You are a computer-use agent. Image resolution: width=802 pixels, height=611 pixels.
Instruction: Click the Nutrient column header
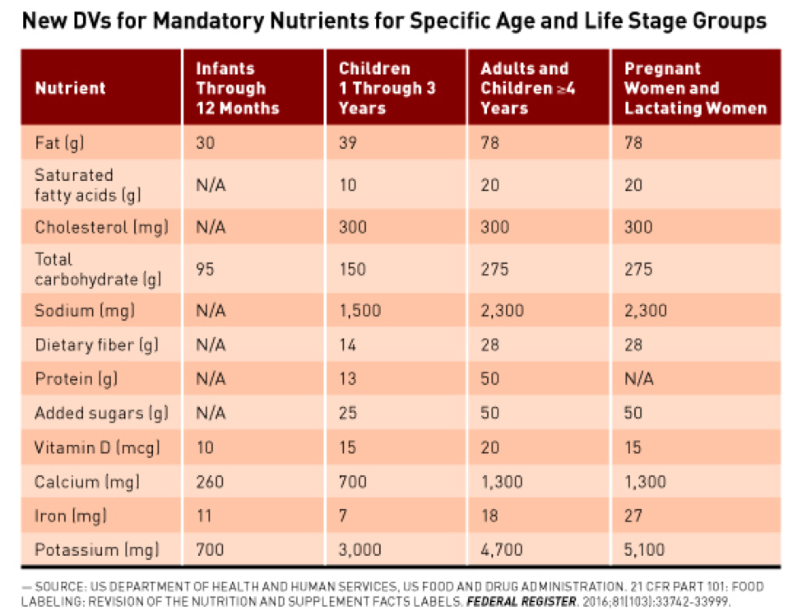click(70, 88)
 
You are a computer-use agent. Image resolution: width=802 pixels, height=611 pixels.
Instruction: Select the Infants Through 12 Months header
click(237, 88)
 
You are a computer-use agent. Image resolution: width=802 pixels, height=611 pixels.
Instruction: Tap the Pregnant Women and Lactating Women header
click(695, 88)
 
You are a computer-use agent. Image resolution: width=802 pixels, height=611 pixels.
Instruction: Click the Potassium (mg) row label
click(96, 549)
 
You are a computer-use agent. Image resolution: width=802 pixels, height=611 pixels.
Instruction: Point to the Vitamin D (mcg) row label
click(97, 448)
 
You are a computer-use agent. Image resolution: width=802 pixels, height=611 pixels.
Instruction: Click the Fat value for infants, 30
click(205, 143)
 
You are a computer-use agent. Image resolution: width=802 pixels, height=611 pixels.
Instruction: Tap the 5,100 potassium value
click(646, 549)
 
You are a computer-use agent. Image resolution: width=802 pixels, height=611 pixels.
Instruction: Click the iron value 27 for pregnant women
click(633, 516)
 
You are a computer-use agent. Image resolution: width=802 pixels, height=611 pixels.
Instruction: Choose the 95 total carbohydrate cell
click(205, 269)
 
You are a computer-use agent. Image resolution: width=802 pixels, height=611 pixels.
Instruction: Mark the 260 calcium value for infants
click(210, 482)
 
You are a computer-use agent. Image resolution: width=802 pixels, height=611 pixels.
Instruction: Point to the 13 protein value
click(348, 379)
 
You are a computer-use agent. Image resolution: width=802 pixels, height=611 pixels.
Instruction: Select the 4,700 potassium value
click(502, 549)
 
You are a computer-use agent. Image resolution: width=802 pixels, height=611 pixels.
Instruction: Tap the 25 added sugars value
click(348, 414)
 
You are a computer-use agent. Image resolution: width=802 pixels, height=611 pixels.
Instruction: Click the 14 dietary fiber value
click(348, 345)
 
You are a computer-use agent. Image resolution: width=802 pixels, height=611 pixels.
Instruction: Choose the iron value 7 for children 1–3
click(344, 516)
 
